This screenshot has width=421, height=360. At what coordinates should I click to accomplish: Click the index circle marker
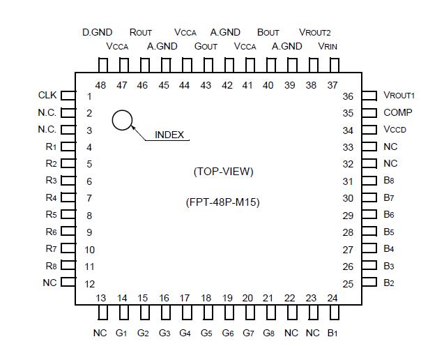click(123, 120)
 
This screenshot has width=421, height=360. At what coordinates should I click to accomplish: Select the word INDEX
click(169, 135)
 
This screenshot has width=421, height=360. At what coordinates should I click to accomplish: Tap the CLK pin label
click(47, 96)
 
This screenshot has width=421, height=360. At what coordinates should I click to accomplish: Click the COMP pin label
click(397, 112)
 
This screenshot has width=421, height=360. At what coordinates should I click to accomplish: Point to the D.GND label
click(98, 32)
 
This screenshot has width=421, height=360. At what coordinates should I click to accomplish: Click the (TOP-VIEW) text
click(223, 171)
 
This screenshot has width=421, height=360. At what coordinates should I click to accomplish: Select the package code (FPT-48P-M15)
click(223, 203)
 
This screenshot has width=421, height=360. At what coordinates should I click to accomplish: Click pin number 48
click(101, 85)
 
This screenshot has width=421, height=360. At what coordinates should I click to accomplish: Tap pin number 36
click(348, 96)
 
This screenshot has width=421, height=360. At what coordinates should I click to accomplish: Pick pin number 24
click(332, 298)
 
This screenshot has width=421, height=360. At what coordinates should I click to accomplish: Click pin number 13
click(101, 298)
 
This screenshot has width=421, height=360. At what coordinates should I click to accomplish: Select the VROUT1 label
click(399, 96)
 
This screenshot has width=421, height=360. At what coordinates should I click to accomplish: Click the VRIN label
click(328, 46)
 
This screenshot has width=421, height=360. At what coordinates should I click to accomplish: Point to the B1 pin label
click(332, 333)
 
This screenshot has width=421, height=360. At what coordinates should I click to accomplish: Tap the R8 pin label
click(51, 266)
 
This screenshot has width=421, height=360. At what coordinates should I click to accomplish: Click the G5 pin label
click(206, 333)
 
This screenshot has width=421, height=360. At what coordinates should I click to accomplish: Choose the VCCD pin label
click(397, 130)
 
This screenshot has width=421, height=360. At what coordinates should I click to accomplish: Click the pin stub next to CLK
click(68, 96)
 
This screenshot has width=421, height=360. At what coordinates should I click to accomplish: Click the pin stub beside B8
click(369, 181)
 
